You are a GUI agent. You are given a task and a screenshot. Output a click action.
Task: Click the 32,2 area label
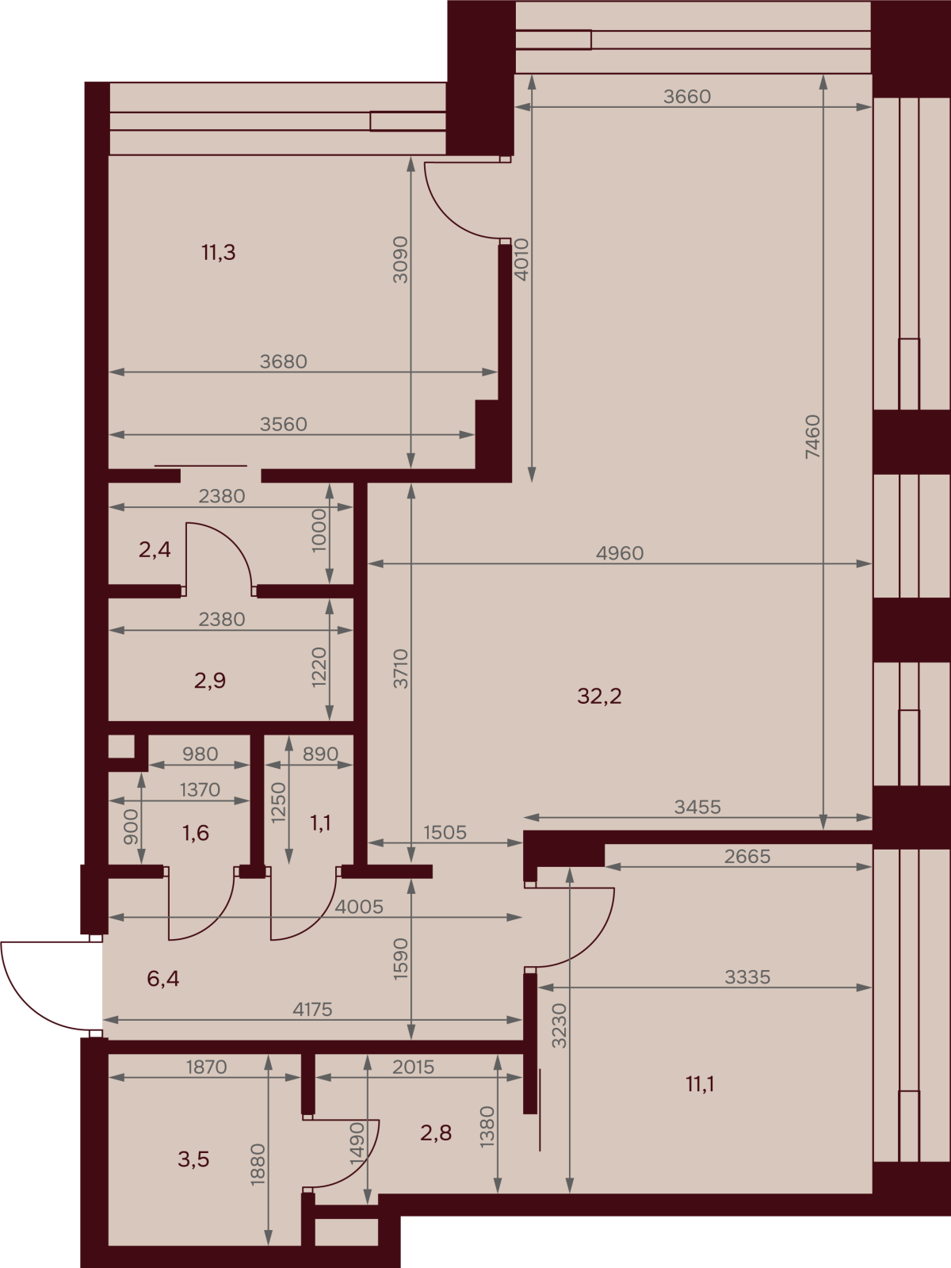click(x=599, y=697)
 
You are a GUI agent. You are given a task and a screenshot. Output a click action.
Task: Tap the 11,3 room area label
click(x=218, y=253)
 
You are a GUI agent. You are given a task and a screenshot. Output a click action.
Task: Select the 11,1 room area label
click(x=700, y=1084)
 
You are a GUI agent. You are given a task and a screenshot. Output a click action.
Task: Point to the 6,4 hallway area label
click(x=162, y=979)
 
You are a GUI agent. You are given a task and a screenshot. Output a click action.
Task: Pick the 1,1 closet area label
click(x=320, y=823)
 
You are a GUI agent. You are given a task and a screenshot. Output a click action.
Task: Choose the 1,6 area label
click(x=195, y=833)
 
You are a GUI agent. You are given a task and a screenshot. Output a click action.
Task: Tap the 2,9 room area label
click(x=209, y=681)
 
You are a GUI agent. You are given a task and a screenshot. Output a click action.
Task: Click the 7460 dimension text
click(x=812, y=437)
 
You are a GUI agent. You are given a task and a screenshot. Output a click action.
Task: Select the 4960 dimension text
click(x=620, y=553)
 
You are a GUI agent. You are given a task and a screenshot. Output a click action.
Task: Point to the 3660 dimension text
click(x=686, y=97)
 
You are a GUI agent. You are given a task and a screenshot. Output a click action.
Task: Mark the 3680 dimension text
click(x=283, y=361)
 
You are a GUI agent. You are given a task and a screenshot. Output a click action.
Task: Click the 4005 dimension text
click(x=358, y=907)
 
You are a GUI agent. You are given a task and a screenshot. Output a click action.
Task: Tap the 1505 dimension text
click(x=445, y=832)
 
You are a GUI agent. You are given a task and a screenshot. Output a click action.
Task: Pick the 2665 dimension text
click(x=747, y=856)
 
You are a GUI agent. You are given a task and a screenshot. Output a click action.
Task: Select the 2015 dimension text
click(x=413, y=1067)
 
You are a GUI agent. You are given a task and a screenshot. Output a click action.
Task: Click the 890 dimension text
click(x=320, y=754)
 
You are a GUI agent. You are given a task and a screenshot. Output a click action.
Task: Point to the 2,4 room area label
click(x=155, y=549)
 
